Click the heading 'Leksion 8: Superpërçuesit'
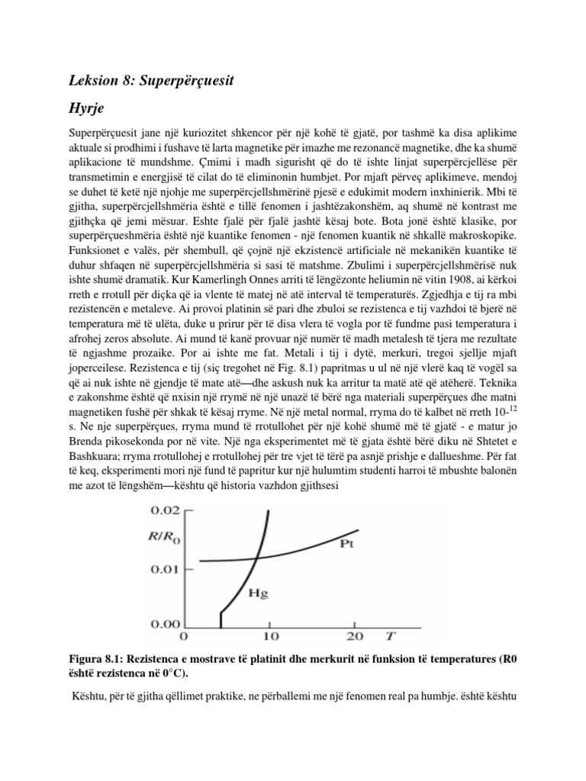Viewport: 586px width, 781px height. coord(146,79)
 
